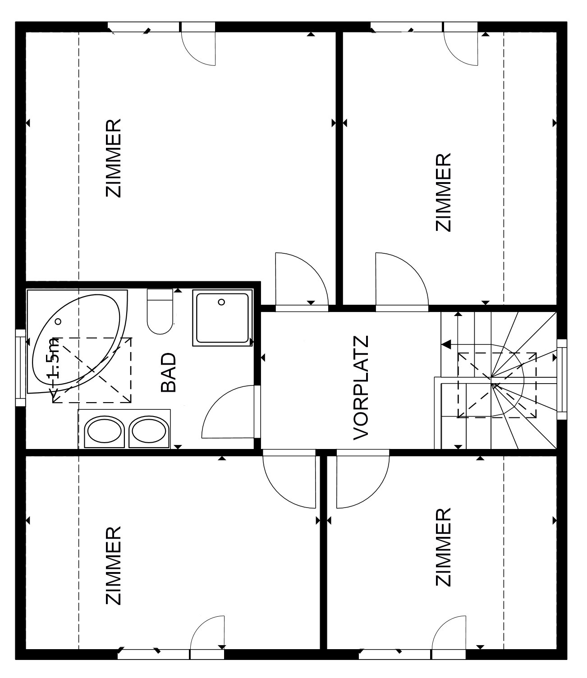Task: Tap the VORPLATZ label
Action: click(x=362, y=388)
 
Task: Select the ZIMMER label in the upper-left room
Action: click(x=113, y=158)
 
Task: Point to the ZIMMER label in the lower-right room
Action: click(x=444, y=547)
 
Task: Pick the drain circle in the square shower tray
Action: click(x=221, y=302)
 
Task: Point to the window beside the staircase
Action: click(x=561, y=379)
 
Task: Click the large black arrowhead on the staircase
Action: click(x=446, y=345)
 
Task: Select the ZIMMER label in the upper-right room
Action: click(x=444, y=192)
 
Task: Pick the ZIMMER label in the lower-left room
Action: click(x=113, y=566)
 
